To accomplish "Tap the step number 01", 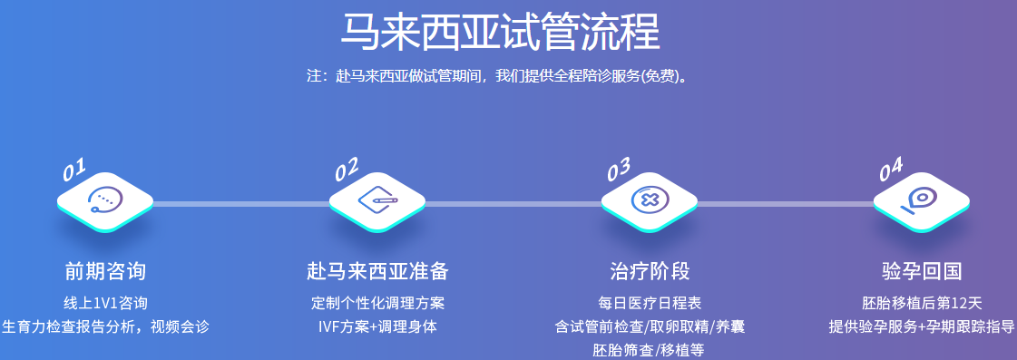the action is [74, 170].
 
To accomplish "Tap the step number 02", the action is [347, 170].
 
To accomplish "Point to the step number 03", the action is [619, 170].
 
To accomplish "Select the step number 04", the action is [891, 168].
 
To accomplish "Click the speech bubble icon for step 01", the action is [104, 200].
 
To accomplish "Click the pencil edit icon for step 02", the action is [377, 200].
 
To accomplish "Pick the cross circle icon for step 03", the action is [650, 200].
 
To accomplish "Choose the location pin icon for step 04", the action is [921, 199].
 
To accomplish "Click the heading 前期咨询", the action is [105, 271].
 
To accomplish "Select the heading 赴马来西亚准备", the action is [377, 271].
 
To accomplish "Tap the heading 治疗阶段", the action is [650, 271].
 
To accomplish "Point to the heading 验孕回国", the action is [922, 271].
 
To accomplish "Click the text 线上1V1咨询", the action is [105, 303].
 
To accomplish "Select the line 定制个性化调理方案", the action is [377, 303].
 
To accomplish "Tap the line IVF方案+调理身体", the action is [377, 326].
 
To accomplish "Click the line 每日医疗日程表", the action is [650, 303].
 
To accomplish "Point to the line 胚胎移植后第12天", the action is [922, 303].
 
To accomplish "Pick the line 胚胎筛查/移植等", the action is [650, 349].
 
